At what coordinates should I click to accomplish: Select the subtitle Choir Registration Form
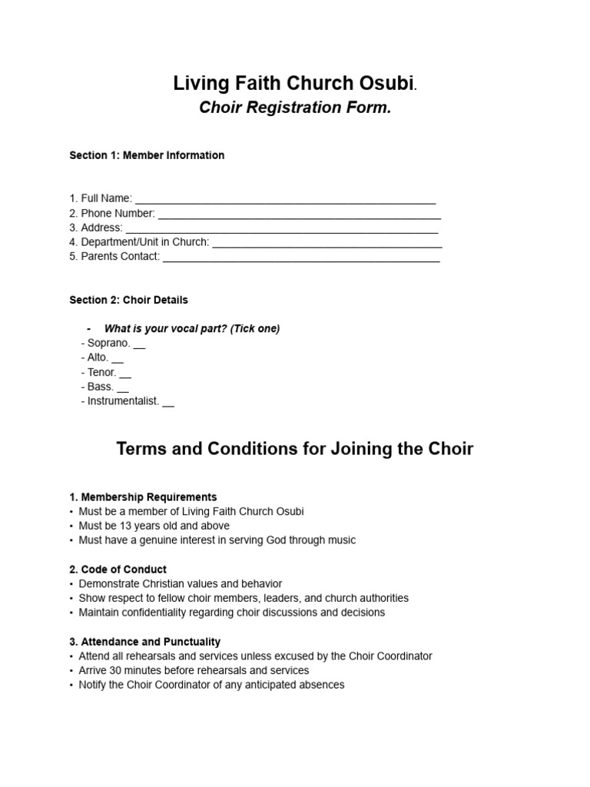coord(295,108)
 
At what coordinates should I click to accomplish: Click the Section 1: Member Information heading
coord(147,155)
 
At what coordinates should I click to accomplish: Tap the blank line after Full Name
coord(285,200)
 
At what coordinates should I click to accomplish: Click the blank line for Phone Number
coord(299,214)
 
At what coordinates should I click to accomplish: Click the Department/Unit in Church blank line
coord(326,244)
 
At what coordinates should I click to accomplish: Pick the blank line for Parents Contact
coord(301,258)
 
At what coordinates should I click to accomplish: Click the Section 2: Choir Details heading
coord(128,300)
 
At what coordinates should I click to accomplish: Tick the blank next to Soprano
coord(139,345)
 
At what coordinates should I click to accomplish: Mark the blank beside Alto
coord(118,360)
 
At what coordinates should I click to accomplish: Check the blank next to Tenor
coord(125,374)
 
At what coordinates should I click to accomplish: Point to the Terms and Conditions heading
coord(295,449)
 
